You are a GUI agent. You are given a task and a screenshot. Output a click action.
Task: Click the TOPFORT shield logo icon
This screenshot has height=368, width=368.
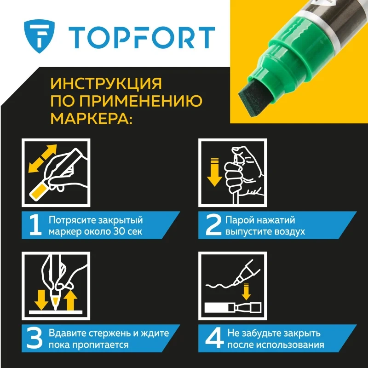[x=39, y=36]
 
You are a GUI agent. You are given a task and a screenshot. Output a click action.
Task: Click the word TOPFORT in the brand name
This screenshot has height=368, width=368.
[x=142, y=37]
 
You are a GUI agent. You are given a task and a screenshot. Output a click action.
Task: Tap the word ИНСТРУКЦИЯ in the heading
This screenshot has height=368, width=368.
[x=106, y=83]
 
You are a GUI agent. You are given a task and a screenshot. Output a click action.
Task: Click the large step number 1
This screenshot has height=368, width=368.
[x=35, y=225]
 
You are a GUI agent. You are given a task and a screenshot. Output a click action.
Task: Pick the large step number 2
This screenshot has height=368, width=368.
[x=213, y=225]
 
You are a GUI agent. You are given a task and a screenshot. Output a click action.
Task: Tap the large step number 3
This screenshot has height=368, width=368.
[x=34, y=338]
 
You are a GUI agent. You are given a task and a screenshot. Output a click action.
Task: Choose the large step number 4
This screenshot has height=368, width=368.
[x=214, y=338]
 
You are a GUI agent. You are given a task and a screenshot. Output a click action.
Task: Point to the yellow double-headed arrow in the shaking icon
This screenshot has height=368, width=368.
[x=42, y=158]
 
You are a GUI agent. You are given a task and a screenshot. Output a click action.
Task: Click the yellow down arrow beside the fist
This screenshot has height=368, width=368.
[x=214, y=172]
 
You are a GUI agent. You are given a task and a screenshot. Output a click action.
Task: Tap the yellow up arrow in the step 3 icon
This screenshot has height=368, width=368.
[x=70, y=300]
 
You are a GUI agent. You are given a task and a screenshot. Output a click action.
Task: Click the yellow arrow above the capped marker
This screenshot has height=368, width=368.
[x=246, y=292]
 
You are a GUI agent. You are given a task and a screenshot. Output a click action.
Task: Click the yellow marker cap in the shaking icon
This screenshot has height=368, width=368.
[x=39, y=191]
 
